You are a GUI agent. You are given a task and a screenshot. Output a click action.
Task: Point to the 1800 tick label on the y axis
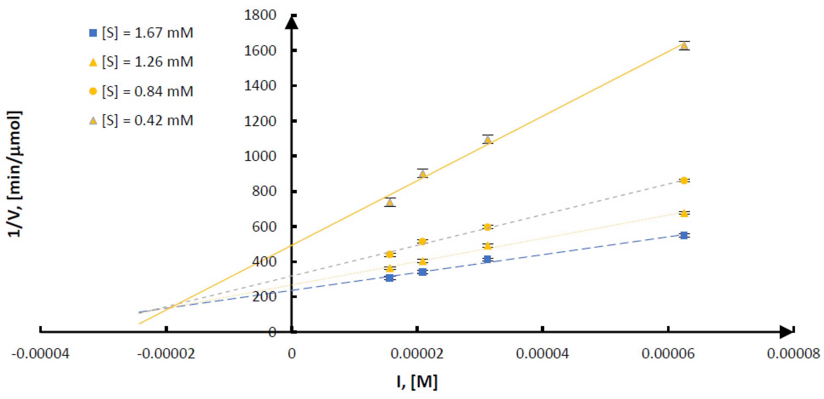tap(260, 15)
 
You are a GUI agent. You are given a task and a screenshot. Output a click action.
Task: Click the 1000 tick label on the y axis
tap(260, 156)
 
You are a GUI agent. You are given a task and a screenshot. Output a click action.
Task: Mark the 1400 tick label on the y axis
tap(260, 86)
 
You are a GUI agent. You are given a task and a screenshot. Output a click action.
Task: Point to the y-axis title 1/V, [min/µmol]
tap(15, 174)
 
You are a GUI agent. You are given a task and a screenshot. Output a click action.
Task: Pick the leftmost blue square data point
tap(390, 278)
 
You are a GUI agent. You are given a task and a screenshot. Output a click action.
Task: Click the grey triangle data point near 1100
tap(487, 140)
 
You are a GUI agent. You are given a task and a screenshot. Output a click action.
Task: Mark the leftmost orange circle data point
tap(390, 254)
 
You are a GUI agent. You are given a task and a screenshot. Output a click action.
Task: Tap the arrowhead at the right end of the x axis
tap(787, 332)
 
